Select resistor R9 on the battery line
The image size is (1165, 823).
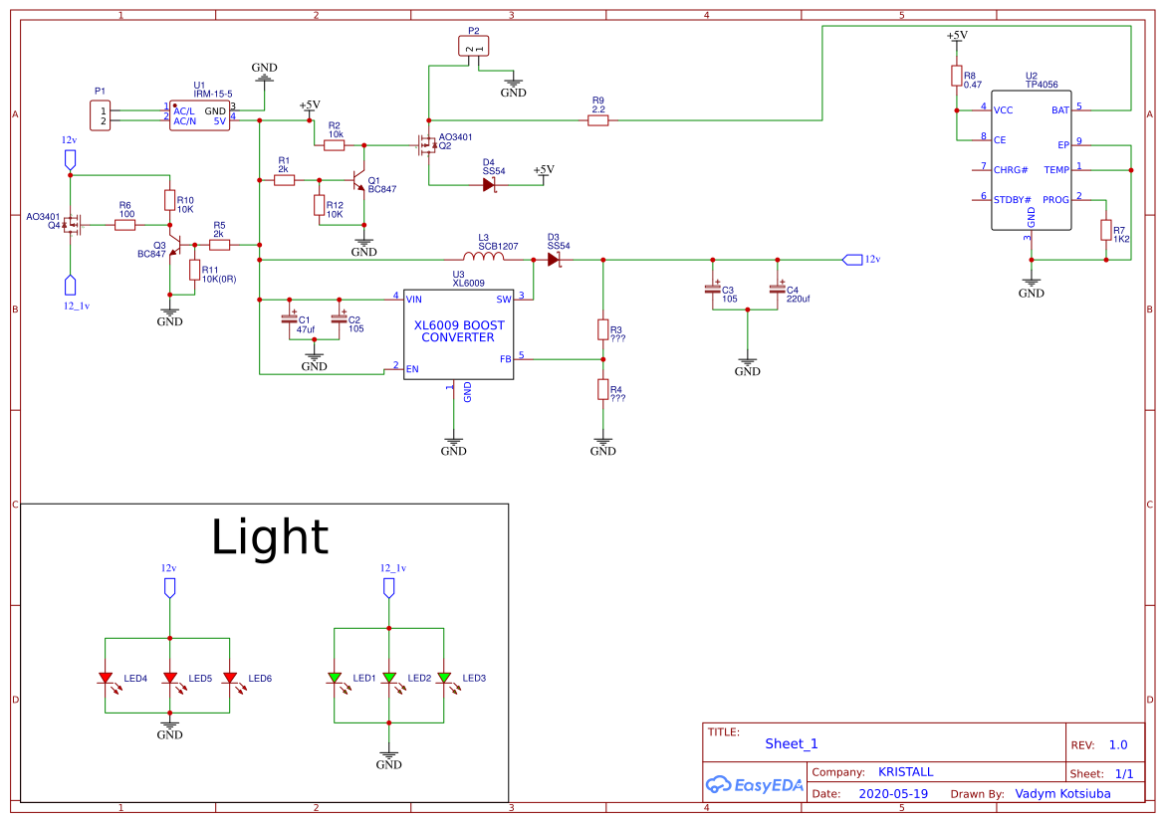597,120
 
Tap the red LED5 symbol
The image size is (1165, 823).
170,678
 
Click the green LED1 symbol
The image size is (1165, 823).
336,678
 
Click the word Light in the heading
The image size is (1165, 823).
269,537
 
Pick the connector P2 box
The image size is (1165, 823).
474,46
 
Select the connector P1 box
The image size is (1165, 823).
100,115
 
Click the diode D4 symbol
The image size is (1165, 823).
489,184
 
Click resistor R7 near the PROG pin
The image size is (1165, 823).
1105,230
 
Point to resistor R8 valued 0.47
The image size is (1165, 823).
956,76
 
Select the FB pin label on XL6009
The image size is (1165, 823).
505,359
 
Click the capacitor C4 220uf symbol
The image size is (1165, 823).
777,289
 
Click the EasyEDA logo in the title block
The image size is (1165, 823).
754,784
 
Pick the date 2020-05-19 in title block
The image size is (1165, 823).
892,794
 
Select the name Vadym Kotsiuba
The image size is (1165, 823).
1062,794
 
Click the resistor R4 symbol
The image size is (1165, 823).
602,389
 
